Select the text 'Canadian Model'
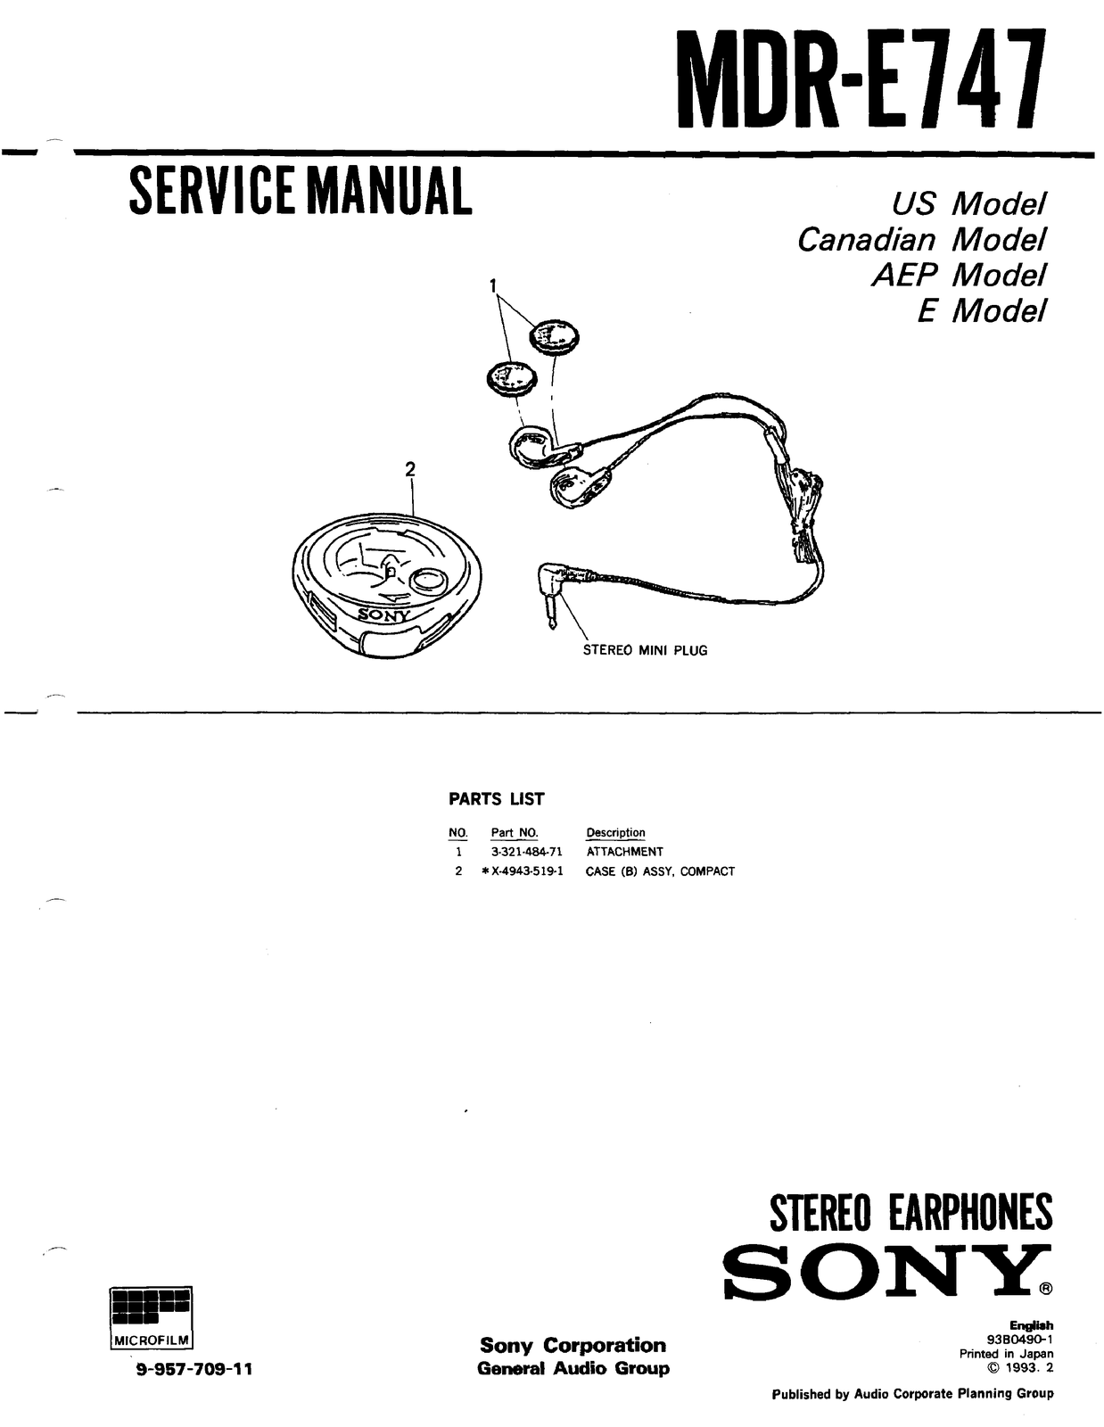(x=920, y=240)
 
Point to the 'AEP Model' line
(x=956, y=275)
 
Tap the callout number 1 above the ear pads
(x=493, y=285)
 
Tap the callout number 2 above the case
(x=410, y=469)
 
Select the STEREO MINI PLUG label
(x=645, y=650)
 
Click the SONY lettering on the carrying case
(x=384, y=615)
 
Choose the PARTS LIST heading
(x=496, y=799)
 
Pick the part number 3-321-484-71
(x=526, y=852)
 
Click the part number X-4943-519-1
(x=527, y=871)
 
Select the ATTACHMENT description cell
(x=624, y=852)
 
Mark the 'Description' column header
(x=615, y=832)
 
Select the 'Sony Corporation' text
(x=573, y=1345)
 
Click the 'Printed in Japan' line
(x=1006, y=1353)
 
